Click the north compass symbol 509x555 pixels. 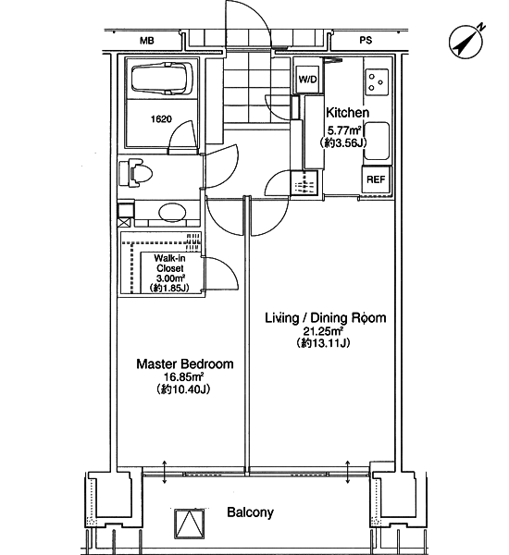click(x=466, y=42)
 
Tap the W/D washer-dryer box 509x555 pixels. click(x=307, y=80)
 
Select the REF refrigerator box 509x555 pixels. click(x=376, y=179)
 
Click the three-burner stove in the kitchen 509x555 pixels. click(x=377, y=82)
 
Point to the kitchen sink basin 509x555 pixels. click(x=377, y=141)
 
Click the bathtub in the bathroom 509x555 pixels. click(x=162, y=79)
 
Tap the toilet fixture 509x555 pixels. click(x=136, y=173)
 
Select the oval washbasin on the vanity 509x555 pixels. click(x=172, y=213)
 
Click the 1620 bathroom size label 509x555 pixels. click(x=161, y=119)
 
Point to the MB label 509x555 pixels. click(x=147, y=41)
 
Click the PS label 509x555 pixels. click(x=366, y=41)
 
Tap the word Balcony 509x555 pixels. click(x=251, y=512)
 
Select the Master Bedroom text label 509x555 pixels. click(x=185, y=364)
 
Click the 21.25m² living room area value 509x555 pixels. click(x=322, y=331)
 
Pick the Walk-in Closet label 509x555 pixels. click(x=170, y=264)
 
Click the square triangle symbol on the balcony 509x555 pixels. click(x=191, y=524)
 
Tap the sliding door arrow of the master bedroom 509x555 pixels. click(x=165, y=472)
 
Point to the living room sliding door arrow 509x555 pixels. click(x=347, y=472)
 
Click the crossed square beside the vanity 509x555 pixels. click(x=124, y=223)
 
